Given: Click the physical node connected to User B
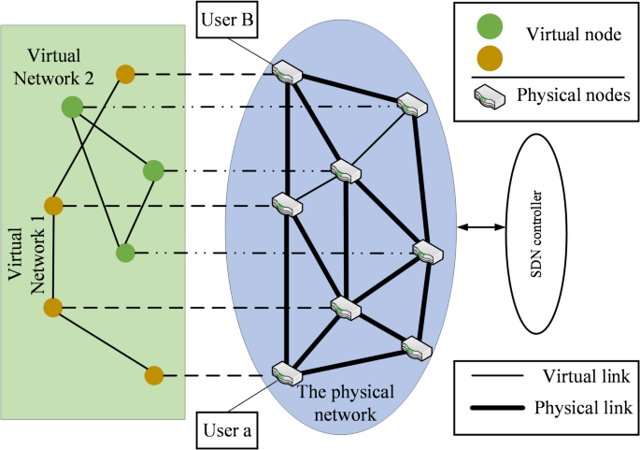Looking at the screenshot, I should pos(283,71).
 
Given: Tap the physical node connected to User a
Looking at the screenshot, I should pos(283,371).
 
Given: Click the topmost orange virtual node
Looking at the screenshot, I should pos(125,73).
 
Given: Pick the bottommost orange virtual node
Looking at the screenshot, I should pos(154,376).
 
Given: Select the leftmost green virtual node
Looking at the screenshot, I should pos(72,107).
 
